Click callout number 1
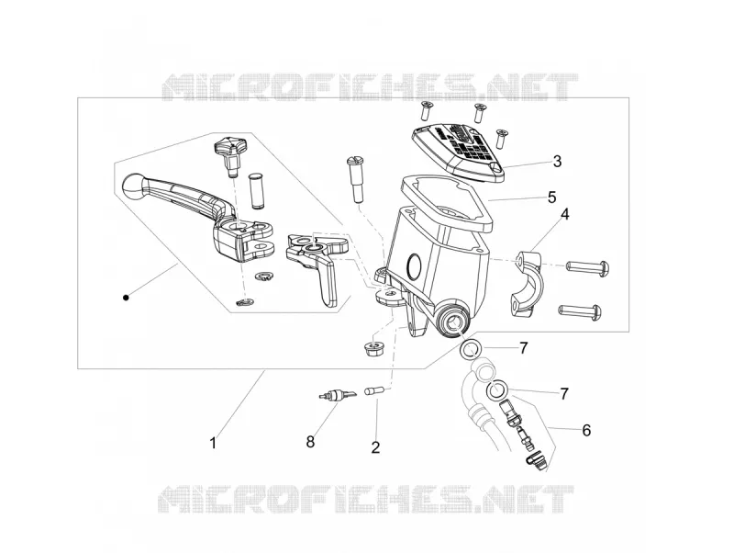pos(213,443)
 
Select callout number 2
pos(375,447)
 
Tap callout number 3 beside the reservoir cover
pos(557,161)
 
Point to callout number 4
pos(565,214)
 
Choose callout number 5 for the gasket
pos(552,197)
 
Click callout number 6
pos(586,430)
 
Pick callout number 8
pos(310,442)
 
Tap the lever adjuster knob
pos(228,153)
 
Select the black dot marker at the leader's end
pos(126,297)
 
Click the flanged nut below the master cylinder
pos(374,349)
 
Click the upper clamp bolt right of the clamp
pos(588,266)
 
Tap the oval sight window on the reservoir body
pos(415,265)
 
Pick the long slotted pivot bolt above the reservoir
pos(355,179)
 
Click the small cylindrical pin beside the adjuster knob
pos(255,190)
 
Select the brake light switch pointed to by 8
pos(337,395)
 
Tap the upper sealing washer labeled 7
pos(470,350)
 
